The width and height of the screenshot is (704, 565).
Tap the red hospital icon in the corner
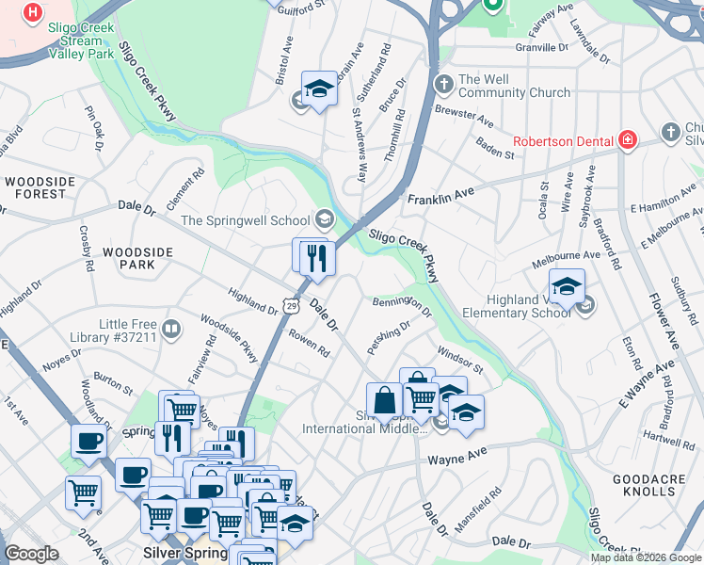34,13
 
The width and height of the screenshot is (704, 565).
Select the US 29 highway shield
292,306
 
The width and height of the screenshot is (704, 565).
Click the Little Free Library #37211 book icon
170,329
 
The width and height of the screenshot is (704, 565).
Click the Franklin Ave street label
440,196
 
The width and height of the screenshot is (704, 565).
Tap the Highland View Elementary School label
528,306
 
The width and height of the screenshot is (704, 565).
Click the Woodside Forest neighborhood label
35,186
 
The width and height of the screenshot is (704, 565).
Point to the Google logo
32,554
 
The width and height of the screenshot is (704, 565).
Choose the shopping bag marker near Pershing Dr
385,400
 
